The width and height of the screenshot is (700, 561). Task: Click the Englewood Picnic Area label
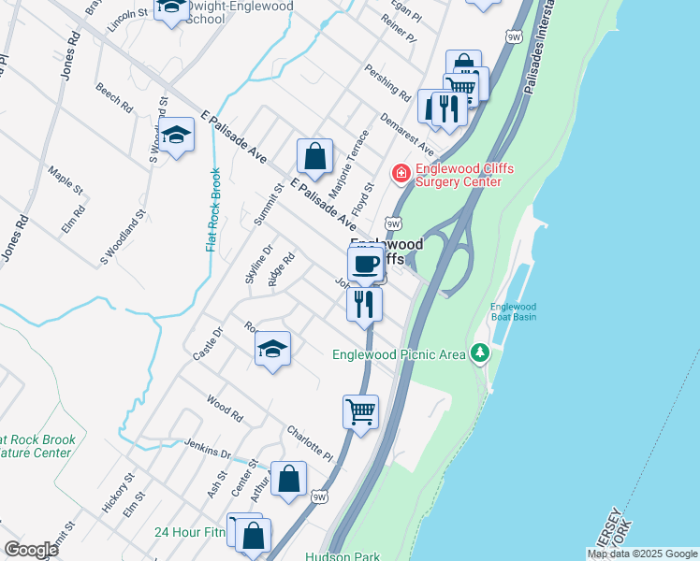point(399,353)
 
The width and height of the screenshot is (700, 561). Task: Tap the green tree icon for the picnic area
point(480,352)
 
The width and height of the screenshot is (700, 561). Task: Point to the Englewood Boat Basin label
point(514,311)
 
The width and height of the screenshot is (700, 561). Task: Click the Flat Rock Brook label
point(213,209)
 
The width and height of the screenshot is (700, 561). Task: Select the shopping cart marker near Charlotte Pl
point(361,410)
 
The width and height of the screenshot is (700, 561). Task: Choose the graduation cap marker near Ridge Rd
point(272,349)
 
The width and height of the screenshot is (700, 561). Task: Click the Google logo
point(31,550)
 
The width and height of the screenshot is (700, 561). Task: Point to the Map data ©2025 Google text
point(642,554)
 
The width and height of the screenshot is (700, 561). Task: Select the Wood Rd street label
point(226,409)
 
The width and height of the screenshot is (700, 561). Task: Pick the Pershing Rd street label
point(389,82)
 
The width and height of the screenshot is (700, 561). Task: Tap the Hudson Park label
point(342,555)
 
